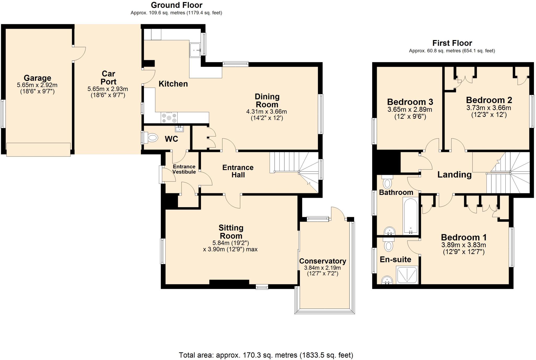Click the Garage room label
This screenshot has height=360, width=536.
point(37,78)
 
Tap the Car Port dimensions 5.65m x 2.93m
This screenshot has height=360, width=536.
point(108,89)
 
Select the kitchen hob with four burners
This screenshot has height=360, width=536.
point(169,117)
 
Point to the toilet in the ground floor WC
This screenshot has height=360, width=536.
point(152,138)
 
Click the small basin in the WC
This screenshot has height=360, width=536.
point(180,128)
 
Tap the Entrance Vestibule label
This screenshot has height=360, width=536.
point(184,169)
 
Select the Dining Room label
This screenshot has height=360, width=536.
point(267,100)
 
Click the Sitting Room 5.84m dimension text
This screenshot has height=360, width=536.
point(230,243)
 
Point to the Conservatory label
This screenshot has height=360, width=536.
point(322,261)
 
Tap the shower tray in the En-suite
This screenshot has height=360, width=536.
point(407,275)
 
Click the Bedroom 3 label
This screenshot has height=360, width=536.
point(410,102)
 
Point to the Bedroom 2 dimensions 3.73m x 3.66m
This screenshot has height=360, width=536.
point(488,108)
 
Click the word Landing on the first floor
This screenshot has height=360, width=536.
point(454,175)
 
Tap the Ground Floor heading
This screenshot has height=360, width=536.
point(177,5)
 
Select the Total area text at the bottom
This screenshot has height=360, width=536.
point(266,355)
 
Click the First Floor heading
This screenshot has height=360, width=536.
point(452,43)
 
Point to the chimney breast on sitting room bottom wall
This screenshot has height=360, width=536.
point(229,282)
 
